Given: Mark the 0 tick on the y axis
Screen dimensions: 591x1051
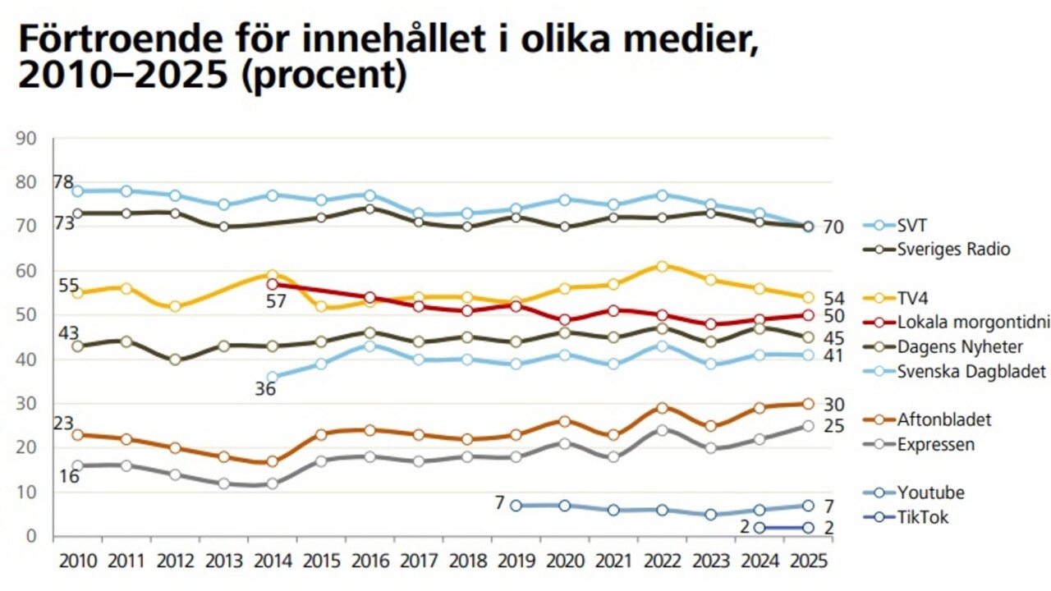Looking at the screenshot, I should coord(33,536).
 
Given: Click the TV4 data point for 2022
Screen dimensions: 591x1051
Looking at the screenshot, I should coord(662,266).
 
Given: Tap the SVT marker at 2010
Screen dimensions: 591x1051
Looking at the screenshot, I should coord(77,190).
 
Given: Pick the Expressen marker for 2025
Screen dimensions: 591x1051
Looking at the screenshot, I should coord(808,425).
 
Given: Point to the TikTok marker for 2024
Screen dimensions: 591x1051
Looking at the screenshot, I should coord(760,527).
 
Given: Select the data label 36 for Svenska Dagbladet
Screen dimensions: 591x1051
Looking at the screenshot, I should coord(264,388).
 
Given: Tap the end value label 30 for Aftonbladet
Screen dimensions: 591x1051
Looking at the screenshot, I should coord(834,404).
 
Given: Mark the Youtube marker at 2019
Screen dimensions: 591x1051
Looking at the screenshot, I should coord(516,505).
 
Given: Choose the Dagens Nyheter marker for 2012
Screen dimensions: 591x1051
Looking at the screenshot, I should coord(175,360).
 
